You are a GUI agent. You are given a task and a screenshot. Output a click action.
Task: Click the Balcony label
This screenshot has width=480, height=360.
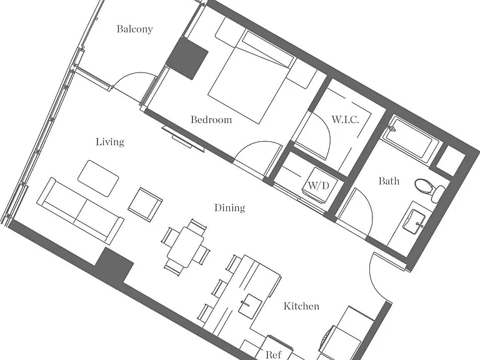(135, 29)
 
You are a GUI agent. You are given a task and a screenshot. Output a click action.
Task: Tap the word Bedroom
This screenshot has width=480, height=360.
(211, 119)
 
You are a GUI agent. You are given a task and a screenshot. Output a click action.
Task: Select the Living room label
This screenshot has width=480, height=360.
(110, 142)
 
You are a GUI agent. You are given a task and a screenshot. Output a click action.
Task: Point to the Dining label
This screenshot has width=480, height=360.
(229, 208)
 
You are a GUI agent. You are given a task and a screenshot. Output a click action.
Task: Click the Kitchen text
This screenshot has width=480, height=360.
(301, 306)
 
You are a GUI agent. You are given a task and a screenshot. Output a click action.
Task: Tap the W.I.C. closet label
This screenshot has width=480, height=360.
(345, 119)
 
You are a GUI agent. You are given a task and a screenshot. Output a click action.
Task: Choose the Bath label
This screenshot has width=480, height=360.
(389, 181)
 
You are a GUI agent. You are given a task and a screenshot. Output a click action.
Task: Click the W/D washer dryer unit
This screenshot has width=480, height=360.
(320, 185)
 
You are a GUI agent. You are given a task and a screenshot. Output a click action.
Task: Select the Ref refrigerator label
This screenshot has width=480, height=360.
(273, 354)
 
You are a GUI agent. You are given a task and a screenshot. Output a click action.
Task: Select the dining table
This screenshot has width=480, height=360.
(186, 247)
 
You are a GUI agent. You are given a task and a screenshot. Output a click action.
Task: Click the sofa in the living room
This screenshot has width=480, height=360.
(80, 211)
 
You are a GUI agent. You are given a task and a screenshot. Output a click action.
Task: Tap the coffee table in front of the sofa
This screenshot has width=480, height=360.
(98, 178)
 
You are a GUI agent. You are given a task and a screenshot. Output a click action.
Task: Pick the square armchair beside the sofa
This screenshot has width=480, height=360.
(145, 204)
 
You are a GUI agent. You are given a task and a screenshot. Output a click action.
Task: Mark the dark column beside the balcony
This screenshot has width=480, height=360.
(187, 58)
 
